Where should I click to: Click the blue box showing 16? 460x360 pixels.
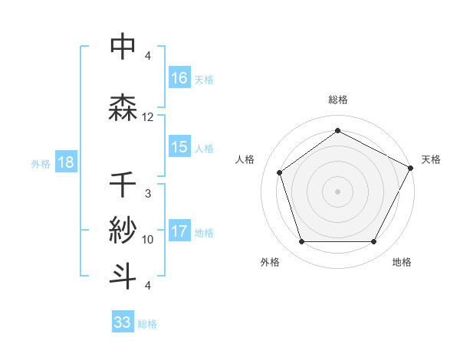(179, 77)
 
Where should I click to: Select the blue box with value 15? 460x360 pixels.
(179, 147)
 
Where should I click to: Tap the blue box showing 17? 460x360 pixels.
(179, 231)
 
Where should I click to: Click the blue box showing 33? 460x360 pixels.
(123, 322)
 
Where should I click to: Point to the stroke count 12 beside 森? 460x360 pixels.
(148, 117)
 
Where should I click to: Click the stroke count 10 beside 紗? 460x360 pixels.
(148, 240)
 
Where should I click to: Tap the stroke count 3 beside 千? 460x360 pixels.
(148, 194)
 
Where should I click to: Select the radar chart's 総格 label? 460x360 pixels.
(337, 100)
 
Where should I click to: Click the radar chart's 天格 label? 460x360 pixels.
(431, 159)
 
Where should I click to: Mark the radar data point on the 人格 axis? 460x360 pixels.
(280, 172)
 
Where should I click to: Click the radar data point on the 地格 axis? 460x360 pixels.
(373, 241)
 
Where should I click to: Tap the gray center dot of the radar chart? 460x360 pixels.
(337, 191)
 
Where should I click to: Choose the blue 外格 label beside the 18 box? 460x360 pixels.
(41, 163)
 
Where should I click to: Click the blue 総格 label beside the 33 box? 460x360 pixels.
(148, 323)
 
